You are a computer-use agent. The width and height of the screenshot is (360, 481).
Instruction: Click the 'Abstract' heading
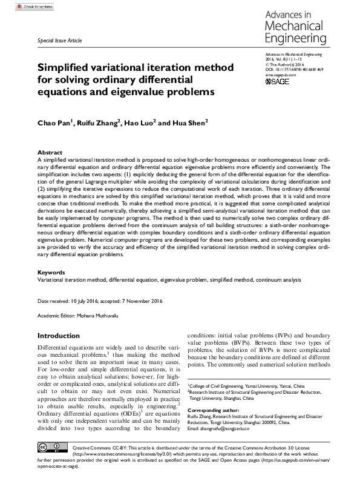(x=50, y=153)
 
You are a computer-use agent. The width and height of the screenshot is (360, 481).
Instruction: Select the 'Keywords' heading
(x=52, y=273)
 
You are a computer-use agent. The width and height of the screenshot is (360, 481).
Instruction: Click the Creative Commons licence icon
(x=53, y=463)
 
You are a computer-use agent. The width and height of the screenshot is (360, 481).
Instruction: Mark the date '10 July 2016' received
(x=86, y=301)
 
